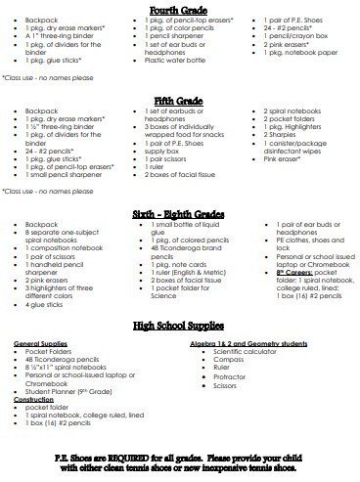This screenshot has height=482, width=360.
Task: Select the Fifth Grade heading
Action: pyautogui.click(x=179, y=100)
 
